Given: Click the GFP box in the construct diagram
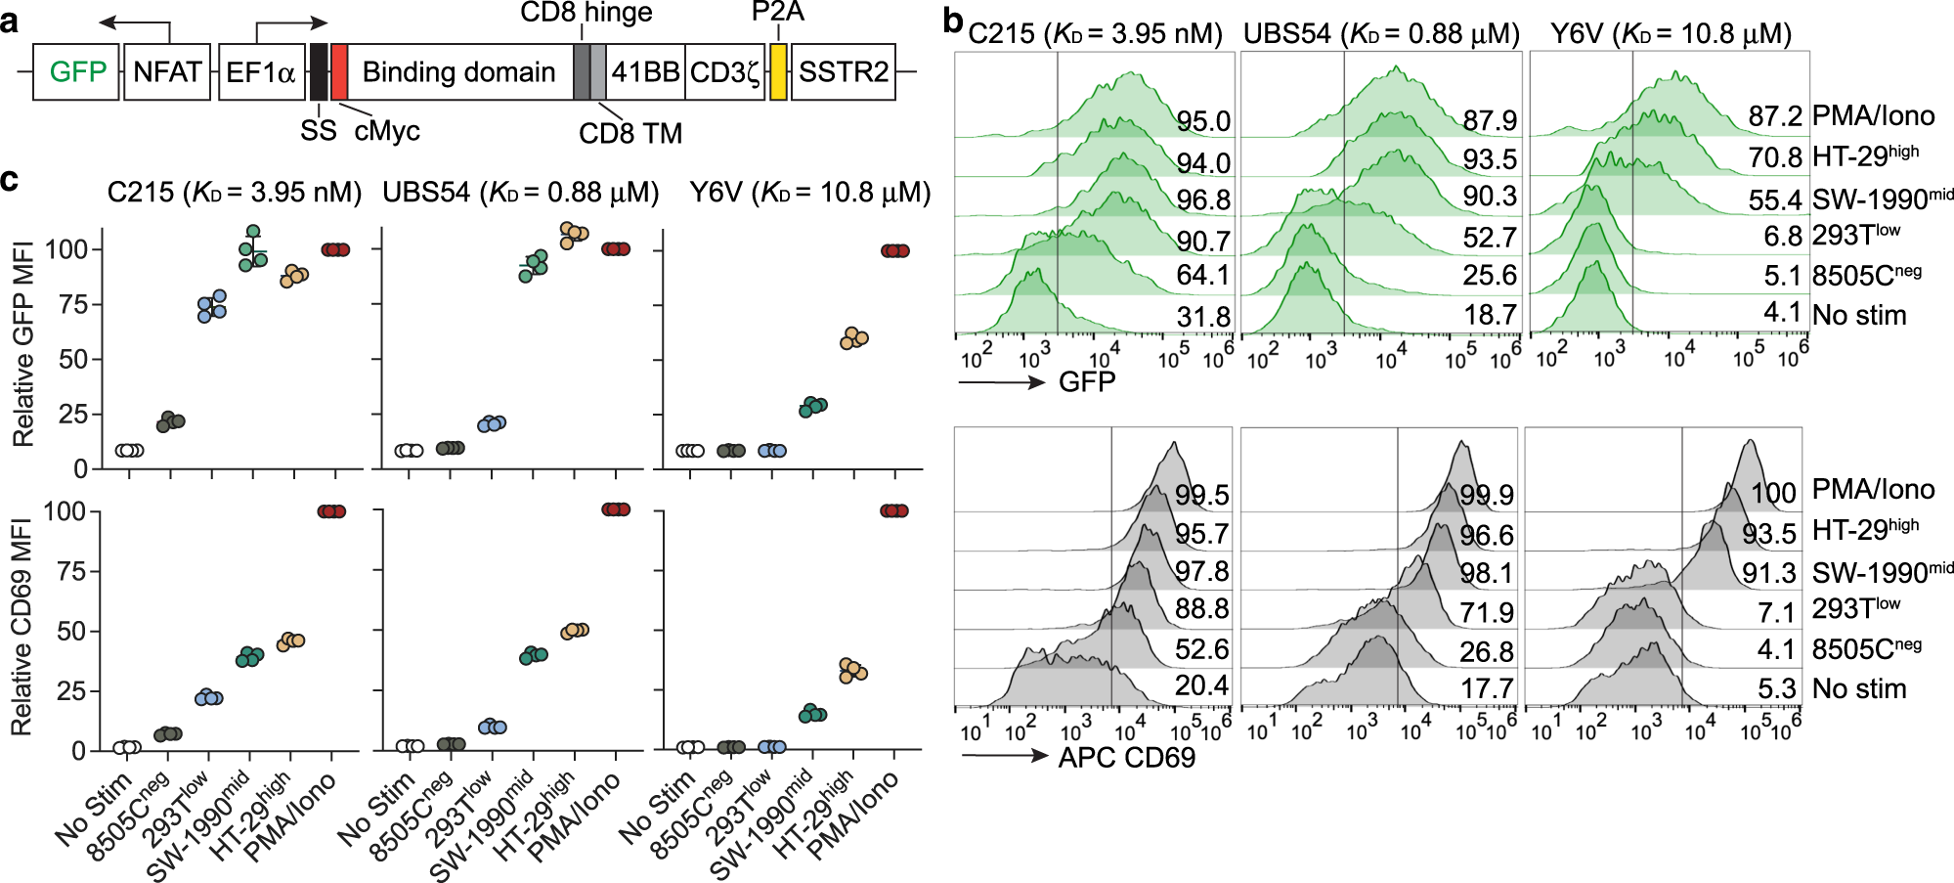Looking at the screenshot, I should coord(76,72).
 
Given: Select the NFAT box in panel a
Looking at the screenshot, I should coord(167,72).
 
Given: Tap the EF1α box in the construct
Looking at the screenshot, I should coord(260,72).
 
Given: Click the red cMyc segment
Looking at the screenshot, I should coord(339,72).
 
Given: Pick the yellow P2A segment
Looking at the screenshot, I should coord(778,72).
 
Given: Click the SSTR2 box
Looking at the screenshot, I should coord(843,72).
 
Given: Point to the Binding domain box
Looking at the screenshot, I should coord(458,72).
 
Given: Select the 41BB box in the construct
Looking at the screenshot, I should coord(645,72).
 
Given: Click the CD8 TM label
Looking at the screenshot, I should coord(630,133).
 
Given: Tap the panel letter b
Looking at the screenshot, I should coord(953,22).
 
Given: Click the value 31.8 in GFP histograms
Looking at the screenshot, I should coord(1203,317).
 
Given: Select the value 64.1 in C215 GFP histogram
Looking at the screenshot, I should coord(1203,276).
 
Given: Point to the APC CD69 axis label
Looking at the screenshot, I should coord(1126,758).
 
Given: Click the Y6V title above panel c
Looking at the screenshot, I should coord(809,193).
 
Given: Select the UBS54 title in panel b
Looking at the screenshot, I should coord(1381,34).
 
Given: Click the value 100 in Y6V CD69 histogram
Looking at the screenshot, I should coord(1773,493).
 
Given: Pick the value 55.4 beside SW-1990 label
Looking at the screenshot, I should coord(1775,200).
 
